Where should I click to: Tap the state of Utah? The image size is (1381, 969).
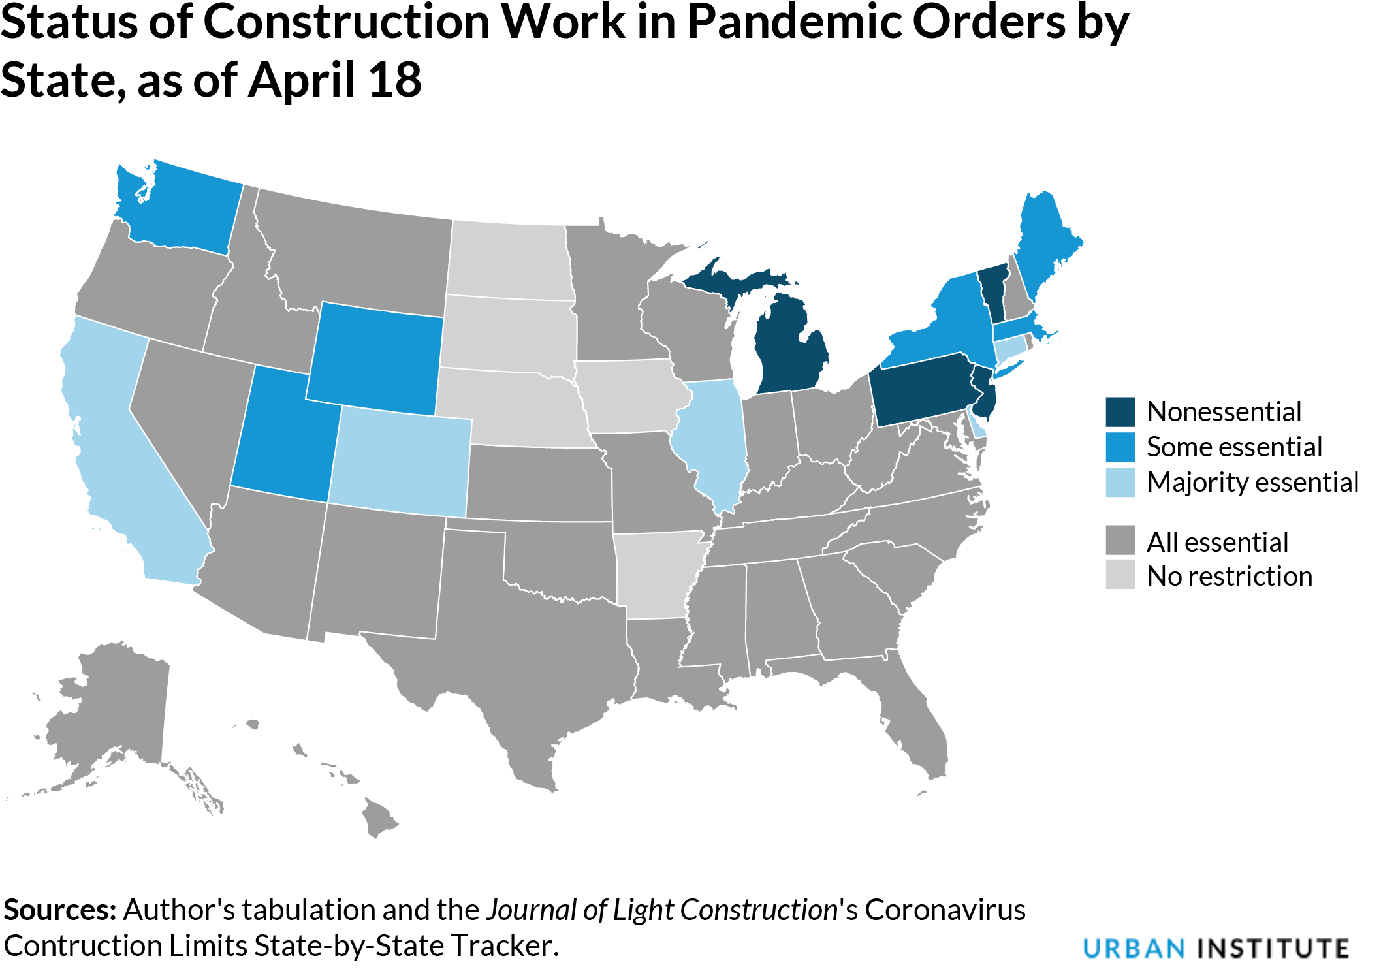point(281,437)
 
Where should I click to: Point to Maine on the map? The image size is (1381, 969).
point(1045,242)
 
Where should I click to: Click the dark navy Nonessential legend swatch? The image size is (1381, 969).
point(1120,412)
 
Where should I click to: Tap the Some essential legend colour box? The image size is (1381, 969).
point(1120,447)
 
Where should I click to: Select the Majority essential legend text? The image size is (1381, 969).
point(1252,483)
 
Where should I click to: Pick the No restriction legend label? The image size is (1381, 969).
point(1230,577)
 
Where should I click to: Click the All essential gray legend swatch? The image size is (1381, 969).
point(1120,541)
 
